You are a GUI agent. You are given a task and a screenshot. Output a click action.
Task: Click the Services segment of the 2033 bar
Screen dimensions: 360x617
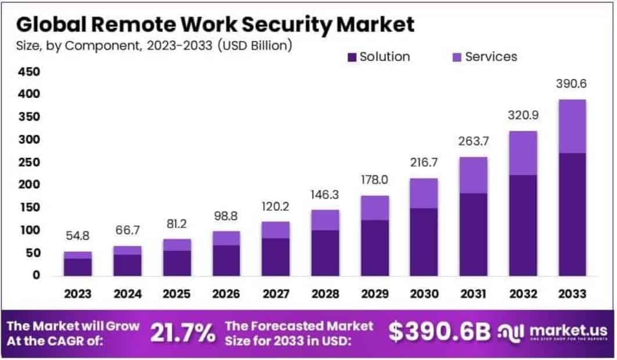572,127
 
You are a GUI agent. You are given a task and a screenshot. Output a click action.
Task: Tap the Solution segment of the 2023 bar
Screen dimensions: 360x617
78,267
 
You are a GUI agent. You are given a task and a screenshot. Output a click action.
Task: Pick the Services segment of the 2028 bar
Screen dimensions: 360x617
325,220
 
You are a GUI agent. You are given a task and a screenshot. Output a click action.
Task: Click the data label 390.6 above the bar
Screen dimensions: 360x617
572,84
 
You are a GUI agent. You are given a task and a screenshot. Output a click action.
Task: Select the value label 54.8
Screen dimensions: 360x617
78,237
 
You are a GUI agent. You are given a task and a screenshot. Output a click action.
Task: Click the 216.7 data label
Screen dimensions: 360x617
424,163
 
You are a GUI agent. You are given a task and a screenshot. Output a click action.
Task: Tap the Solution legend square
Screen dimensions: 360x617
351,57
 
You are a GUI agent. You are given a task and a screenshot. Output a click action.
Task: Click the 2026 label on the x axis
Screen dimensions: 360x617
226,294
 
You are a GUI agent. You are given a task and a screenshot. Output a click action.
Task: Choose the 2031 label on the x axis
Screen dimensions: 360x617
473,294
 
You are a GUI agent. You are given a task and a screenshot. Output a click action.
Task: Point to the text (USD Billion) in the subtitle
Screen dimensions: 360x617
254,45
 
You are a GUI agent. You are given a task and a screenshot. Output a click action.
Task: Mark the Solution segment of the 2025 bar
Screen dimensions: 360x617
177,262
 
